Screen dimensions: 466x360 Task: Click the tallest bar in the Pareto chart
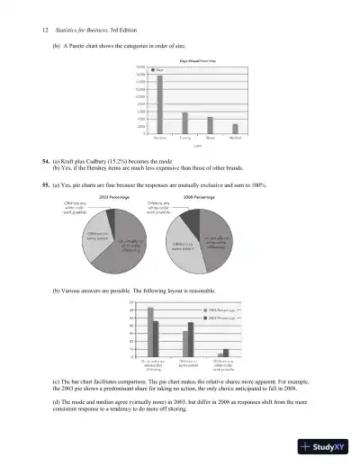point(160,103)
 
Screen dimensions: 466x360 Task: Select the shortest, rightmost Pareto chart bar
point(236,129)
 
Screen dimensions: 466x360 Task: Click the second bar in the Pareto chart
point(185,122)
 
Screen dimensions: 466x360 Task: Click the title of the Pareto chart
point(197,59)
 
